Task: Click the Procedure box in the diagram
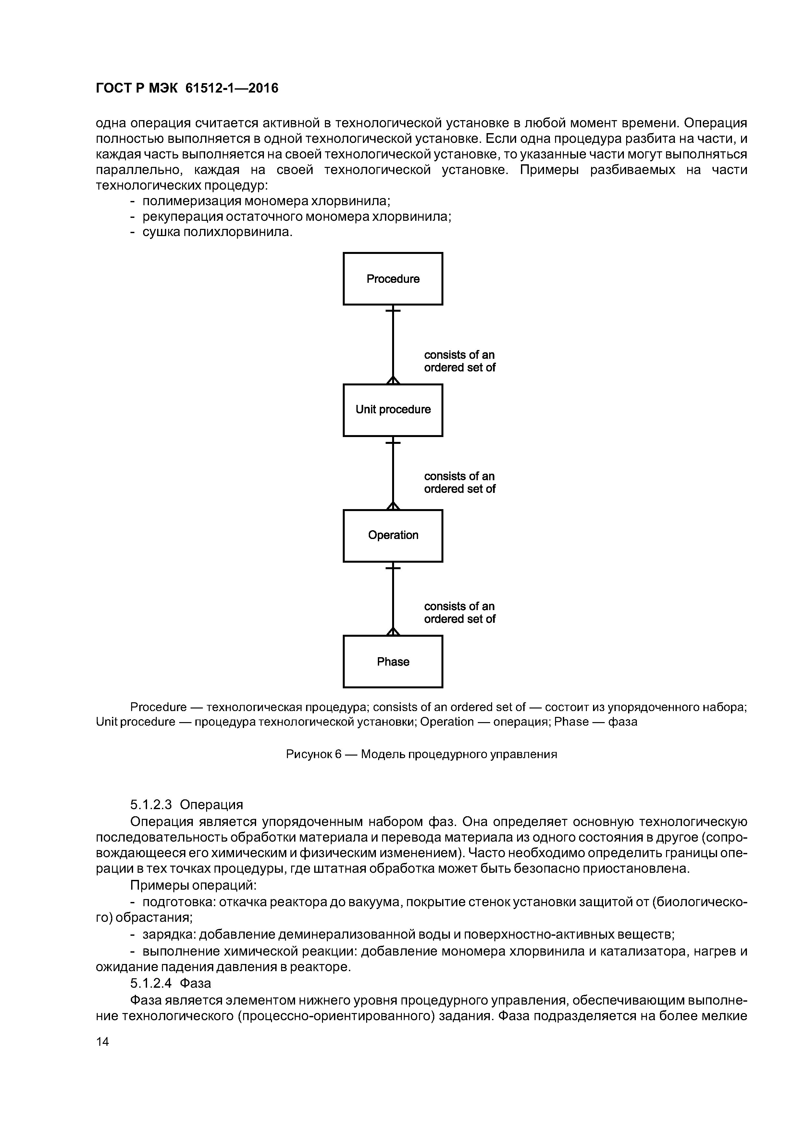[x=393, y=279]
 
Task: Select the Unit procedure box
[x=393, y=410]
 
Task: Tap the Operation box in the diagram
[x=393, y=535]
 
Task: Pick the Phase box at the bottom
[x=393, y=662]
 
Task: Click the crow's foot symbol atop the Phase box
[x=393, y=632]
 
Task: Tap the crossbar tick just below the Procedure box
[x=393, y=310]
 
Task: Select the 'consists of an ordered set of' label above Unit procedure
[x=459, y=361]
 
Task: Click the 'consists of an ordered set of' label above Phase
[x=459, y=613]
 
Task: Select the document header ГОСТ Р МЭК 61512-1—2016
[x=187, y=88]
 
